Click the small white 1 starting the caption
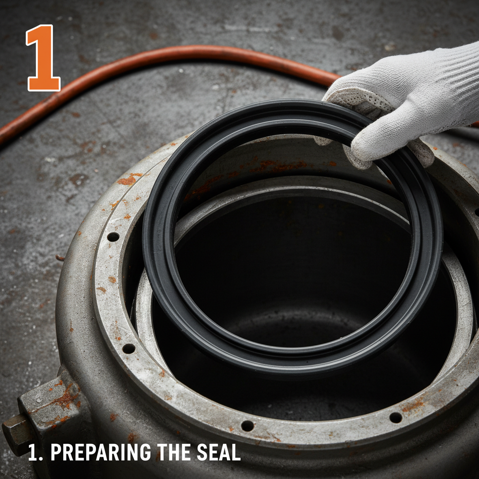point(32,452)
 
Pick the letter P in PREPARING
point(55,452)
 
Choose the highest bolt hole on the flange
point(113,237)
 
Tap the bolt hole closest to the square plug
point(128,348)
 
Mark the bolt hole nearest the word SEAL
point(247,426)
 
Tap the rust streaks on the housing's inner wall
point(276,166)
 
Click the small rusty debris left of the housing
point(60,257)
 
